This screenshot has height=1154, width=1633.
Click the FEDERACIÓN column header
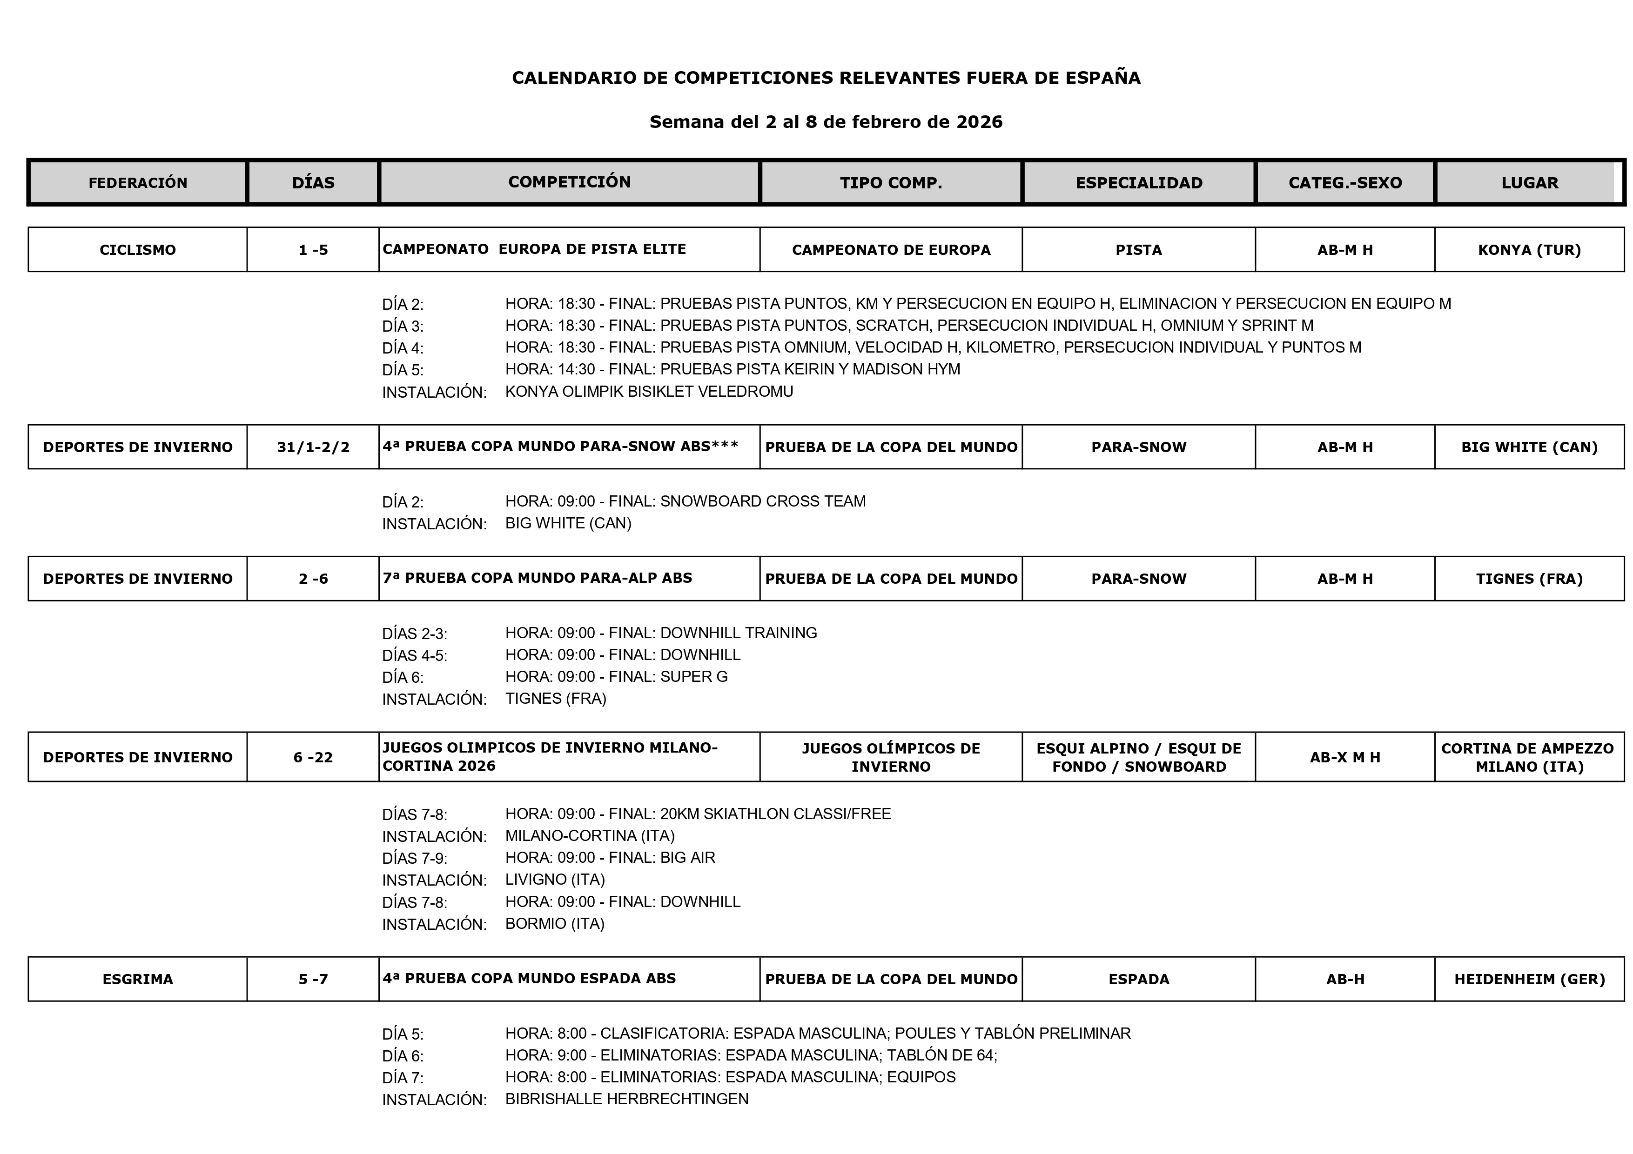pos(137,183)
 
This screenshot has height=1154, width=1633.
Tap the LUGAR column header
pos(1529,183)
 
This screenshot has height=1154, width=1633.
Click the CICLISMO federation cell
pos(137,250)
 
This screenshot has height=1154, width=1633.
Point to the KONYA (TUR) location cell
pos(1529,250)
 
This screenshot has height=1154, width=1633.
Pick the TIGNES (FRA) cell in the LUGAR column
pos(1529,579)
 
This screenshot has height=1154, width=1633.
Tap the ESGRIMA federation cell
pos(137,979)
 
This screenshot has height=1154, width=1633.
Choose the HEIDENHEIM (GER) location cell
pos(1529,979)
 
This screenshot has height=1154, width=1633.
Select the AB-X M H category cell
pos(1344,757)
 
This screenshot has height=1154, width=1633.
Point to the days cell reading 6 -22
pos(313,757)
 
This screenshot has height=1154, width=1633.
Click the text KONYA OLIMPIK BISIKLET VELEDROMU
pos(649,392)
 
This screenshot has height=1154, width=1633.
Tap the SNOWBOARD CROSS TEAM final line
pos(685,501)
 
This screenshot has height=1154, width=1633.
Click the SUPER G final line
pos(616,677)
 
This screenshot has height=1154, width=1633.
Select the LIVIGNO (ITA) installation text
pos(555,880)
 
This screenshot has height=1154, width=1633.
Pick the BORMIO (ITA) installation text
pos(555,924)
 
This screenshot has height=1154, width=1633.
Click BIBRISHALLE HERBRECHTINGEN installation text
pos(626,1099)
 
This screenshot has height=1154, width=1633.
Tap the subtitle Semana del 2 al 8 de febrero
pos(826,122)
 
